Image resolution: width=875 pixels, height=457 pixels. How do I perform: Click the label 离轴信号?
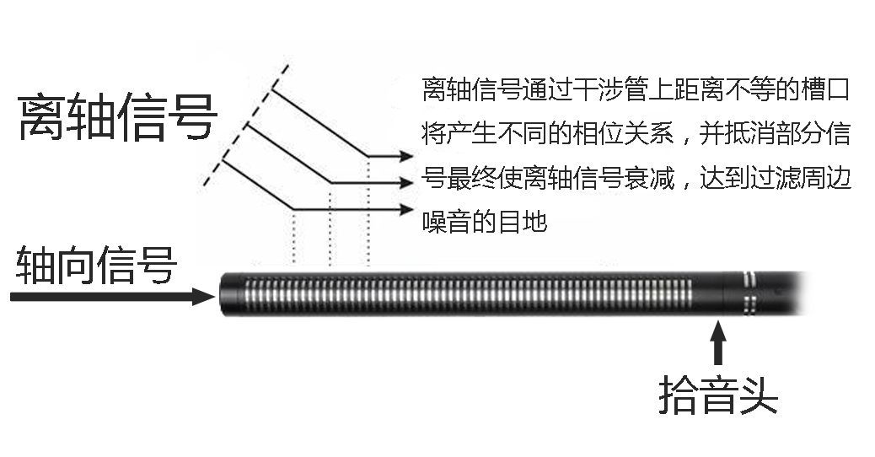click(117, 117)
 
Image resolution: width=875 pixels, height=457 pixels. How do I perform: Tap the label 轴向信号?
click(96, 266)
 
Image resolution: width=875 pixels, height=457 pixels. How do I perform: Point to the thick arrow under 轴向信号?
click(110, 296)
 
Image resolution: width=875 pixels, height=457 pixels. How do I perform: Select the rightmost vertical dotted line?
click(368, 211)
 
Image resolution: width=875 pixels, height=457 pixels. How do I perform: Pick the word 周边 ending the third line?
click(830, 180)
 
